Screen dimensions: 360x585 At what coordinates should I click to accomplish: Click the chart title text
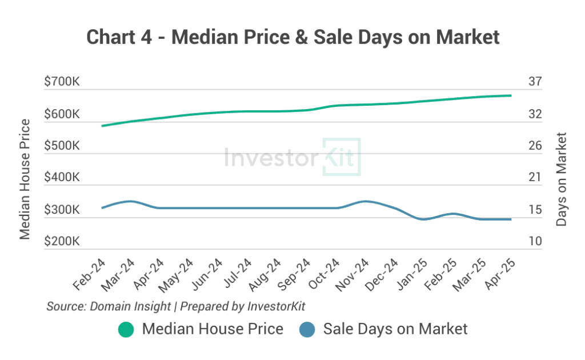292,37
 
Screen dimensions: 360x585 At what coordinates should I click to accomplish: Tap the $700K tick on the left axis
62,82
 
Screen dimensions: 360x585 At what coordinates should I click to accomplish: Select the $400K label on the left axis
62,178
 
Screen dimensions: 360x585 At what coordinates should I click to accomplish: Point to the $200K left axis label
62,242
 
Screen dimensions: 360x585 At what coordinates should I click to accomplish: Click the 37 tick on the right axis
535,82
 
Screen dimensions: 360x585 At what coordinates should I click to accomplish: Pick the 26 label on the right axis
535,146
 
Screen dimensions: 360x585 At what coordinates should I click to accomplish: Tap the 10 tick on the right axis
535,242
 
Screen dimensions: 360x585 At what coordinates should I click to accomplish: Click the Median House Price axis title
25,179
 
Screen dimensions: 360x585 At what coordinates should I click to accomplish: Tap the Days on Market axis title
562,179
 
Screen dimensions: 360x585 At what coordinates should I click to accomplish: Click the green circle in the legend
126,330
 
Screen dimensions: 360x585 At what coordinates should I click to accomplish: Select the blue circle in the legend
307,330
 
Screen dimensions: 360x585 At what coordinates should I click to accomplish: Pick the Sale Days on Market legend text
395,329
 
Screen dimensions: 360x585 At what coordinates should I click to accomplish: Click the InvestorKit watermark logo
292,157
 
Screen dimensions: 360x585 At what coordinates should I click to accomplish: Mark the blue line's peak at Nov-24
364,201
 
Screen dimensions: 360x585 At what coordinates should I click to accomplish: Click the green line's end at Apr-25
510,95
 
